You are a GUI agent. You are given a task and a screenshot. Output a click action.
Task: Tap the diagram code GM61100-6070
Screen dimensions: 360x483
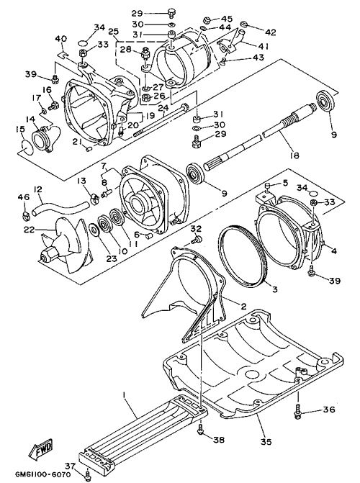(42, 474)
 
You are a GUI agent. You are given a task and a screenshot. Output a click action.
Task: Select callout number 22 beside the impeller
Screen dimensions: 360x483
(30, 229)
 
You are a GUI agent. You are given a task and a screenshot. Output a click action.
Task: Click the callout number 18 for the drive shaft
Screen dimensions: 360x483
(294, 155)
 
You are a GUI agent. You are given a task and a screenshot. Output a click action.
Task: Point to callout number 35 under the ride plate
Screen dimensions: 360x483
(266, 442)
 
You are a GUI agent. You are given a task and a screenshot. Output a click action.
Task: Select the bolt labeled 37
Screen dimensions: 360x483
(88, 474)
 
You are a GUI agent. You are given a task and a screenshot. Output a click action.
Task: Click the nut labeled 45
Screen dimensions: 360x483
(207, 21)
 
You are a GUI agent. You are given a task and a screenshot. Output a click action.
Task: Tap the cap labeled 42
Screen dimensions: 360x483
(244, 24)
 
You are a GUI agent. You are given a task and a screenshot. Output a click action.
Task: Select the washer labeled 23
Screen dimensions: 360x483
(94, 230)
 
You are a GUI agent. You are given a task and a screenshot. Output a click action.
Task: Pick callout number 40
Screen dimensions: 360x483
(60, 40)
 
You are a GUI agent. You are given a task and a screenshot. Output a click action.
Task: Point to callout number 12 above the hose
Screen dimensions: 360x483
(38, 189)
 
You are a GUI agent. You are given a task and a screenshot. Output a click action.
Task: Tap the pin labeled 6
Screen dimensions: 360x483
(150, 236)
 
